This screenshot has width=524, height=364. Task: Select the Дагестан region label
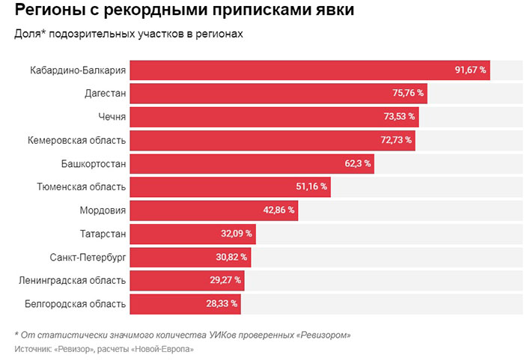pos(105,94)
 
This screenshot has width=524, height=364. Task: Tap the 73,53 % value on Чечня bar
pos(397,117)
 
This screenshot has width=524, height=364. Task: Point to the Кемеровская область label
pos(77,140)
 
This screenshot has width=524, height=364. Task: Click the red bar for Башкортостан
pos(240,163)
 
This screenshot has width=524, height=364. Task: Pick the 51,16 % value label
pos(311,186)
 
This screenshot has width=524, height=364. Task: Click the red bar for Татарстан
pos(180,234)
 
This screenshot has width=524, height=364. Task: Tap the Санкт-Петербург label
pos(88,257)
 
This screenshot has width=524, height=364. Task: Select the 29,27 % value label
pos(225,280)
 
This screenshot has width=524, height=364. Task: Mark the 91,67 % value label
pos(470,70)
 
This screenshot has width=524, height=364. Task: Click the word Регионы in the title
pos(49,11)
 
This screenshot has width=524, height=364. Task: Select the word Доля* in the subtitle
pos(28,34)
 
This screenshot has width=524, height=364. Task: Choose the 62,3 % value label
pos(357,163)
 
